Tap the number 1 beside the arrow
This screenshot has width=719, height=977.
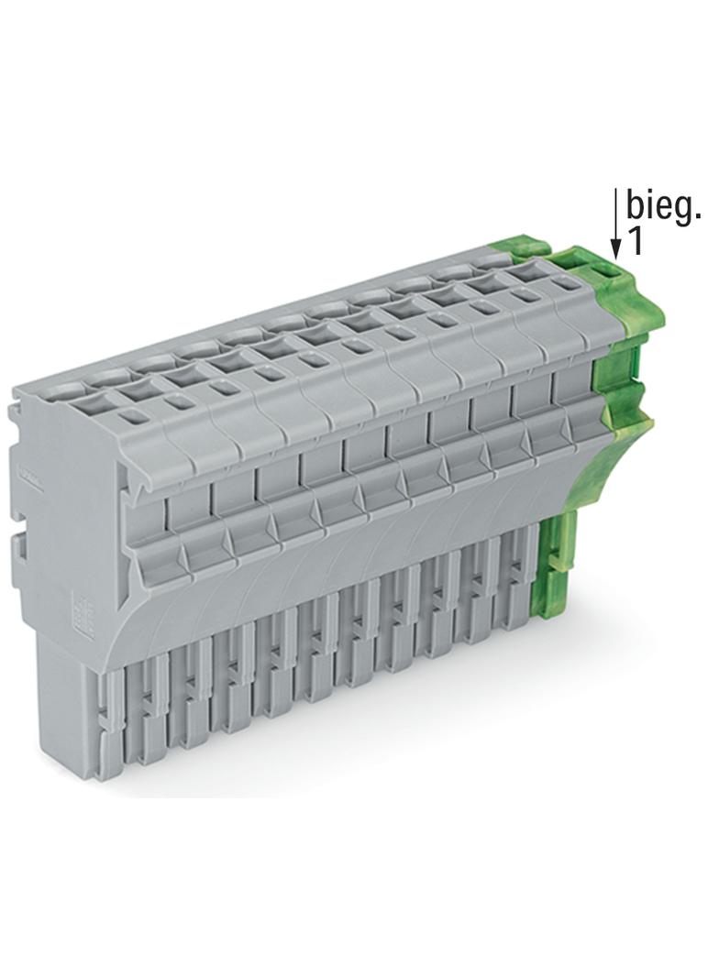[634, 242]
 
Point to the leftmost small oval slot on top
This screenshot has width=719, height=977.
[131, 416]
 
